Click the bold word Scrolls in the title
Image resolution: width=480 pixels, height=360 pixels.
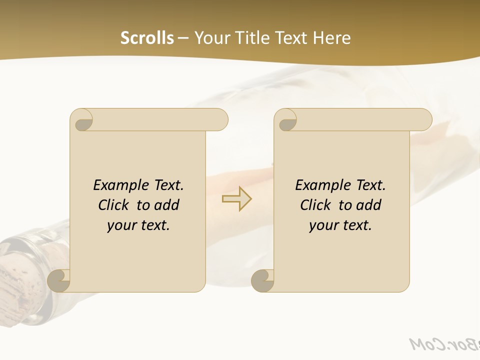pos(147,38)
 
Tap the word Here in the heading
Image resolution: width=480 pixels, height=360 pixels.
pos(332,38)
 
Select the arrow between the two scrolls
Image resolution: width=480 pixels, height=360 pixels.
pos(237,199)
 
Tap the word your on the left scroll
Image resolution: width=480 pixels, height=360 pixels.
pos(120,225)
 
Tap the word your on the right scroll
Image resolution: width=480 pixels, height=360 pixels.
pos(322,225)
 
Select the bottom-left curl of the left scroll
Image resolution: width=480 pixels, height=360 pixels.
pos(59,280)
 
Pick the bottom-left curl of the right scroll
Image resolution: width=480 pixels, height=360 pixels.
pos(262,280)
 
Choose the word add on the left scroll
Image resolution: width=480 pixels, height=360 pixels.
pos(167,205)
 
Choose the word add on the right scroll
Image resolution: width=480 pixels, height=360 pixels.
pos(369,205)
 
